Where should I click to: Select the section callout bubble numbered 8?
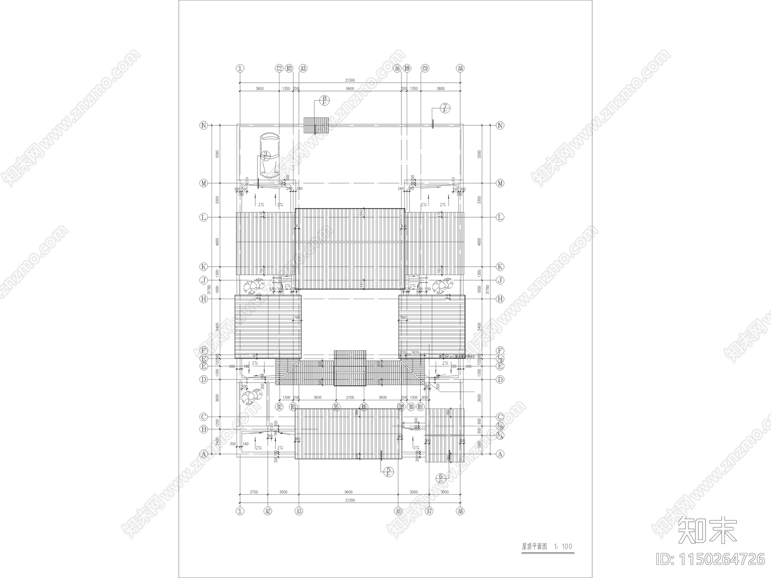(x=324, y=100)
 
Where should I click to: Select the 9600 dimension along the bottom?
(x=348, y=492)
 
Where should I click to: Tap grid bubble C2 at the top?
(x=279, y=69)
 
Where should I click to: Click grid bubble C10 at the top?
(x=425, y=69)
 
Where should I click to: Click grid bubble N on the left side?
(x=204, y=125)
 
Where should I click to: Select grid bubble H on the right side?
(x=500, y=299)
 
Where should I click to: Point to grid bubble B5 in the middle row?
(x=337, y=407)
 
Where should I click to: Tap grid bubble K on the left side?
(x=204, y=267)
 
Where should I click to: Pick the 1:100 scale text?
(x=563, y=546)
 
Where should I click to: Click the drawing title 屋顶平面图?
(x=535, y=546)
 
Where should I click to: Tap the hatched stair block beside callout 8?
(x=316, y=125)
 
